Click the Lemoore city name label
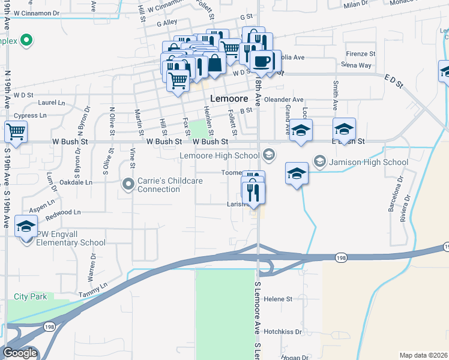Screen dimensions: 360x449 pyautogui.click(x=229, y=100)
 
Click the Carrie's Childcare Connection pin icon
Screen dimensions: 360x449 pyautogui.click(x=128, y=184)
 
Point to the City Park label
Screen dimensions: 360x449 pyautogui.click(x=31, y=296)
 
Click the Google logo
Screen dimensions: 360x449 pyautogui.click(x=20, y=353)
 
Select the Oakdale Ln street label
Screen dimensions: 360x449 pyautogui.click(x=79, y=182)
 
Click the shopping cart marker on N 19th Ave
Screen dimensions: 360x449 pyautogui.click(x=16, y=131)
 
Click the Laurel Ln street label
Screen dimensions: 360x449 pyautogui.click(x=51, y=102)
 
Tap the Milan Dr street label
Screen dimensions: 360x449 pyautogui.click(x=355, y=5)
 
